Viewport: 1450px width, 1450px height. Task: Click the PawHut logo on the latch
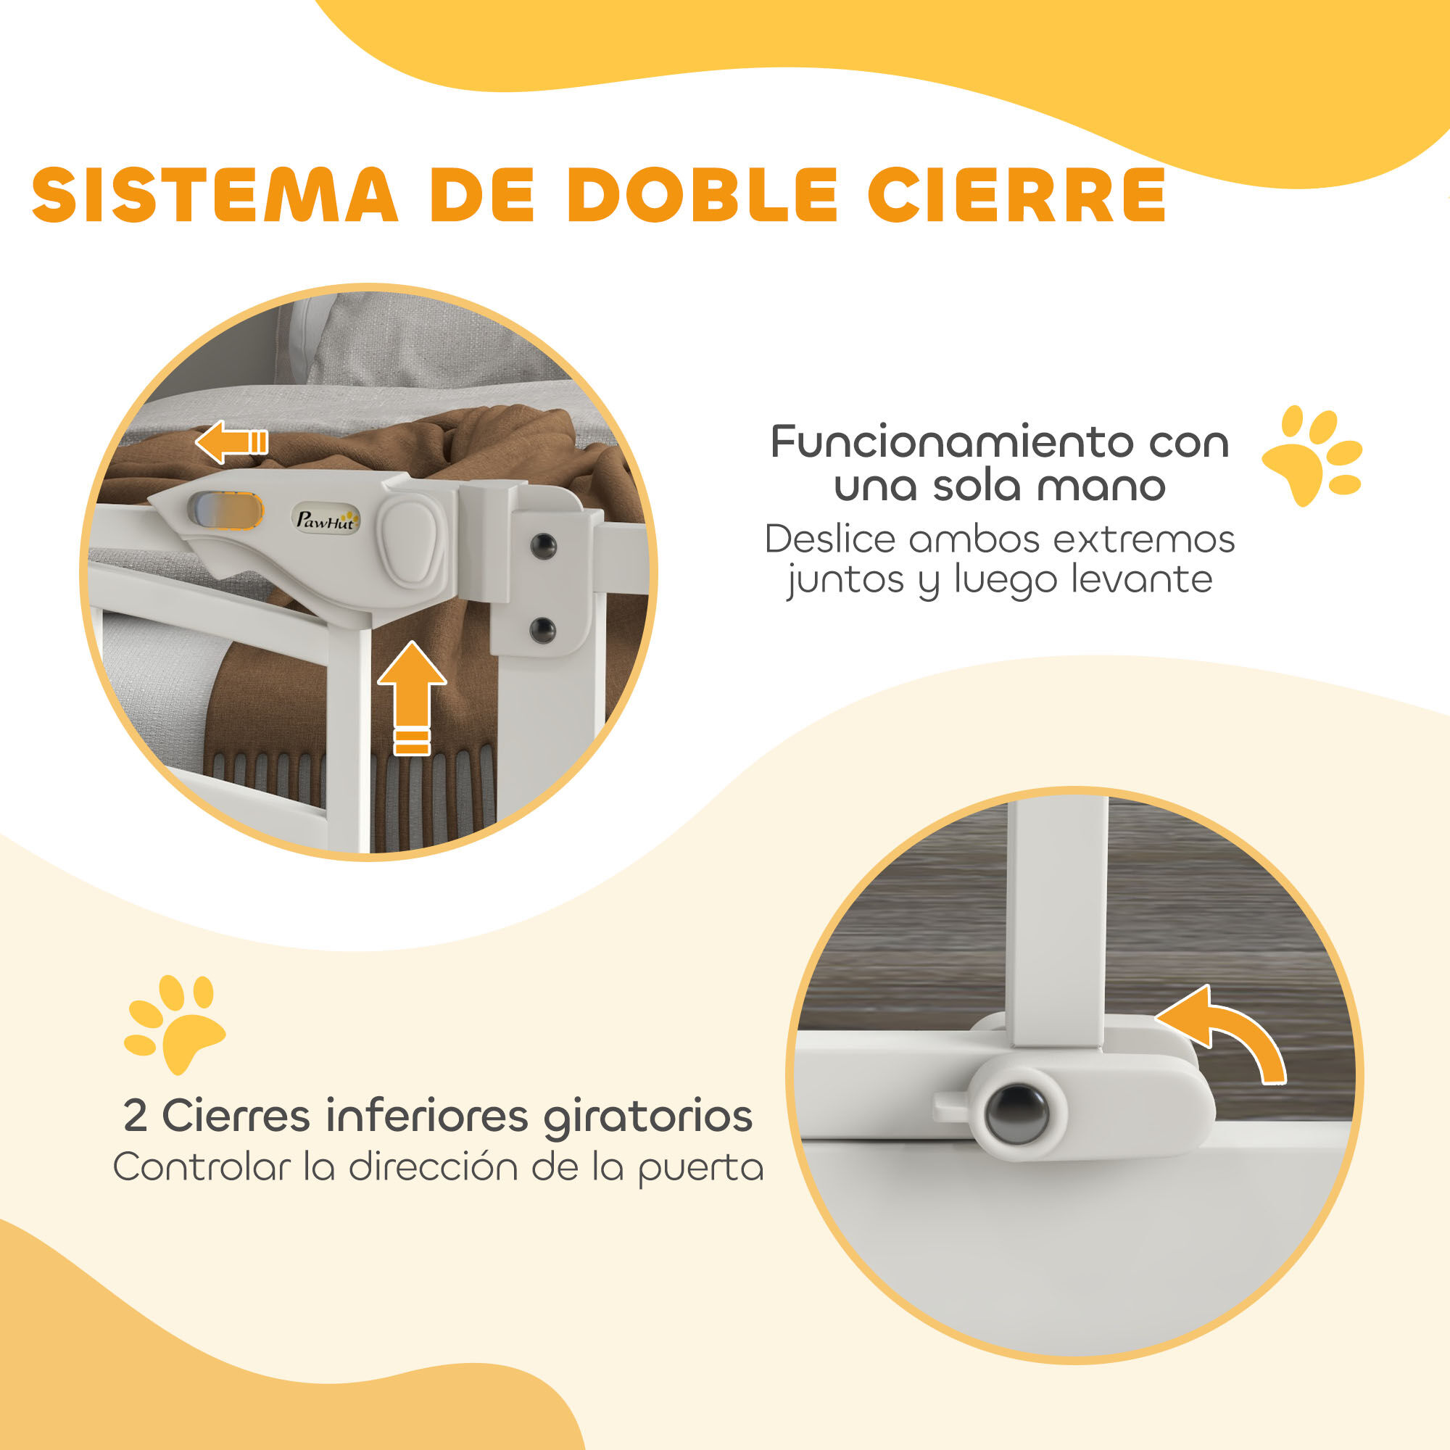click(x=325, y=518)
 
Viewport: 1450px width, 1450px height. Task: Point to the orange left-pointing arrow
click(x=231, y=441)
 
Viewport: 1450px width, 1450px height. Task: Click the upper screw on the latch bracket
click(x=542, y=546)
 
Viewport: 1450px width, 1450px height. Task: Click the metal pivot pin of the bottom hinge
click(x=1017, y=1114)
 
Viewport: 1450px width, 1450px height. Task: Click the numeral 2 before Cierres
click(x=135, y=1115)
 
